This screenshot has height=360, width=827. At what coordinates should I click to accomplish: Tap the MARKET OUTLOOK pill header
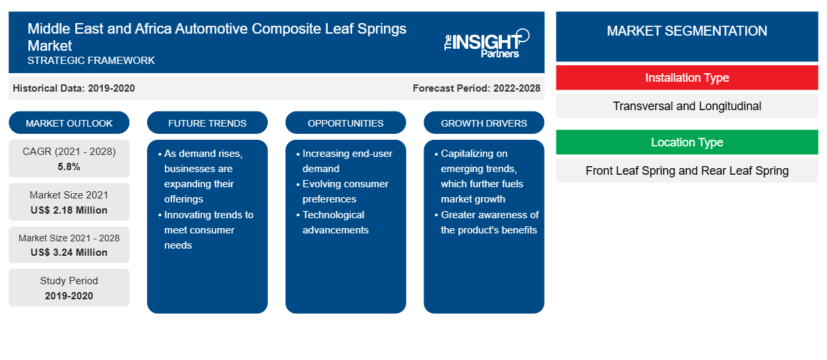pyautogui.click(x=69, y=123)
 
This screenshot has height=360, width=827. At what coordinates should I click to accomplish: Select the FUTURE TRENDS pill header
pyautogui.click(x=207, y=123)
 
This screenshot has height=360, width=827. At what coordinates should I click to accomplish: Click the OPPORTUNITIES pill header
pyautogui.click(x=346, y=123)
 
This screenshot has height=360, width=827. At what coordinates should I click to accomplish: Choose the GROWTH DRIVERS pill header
pyautogui.click(x=483, y=123)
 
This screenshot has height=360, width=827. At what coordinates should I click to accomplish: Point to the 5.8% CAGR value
pyautogui.click(x=69, y=167)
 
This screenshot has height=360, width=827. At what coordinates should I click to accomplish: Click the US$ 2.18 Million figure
pyautogui.click(x=69, y=210)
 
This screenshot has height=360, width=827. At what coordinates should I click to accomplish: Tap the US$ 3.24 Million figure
pyautogui.click(x=69, y=253)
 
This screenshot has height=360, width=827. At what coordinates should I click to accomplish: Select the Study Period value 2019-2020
pyautogui.click(x=69, y=296)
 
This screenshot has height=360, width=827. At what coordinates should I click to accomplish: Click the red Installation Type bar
pyautogui.click(x=687, y=78)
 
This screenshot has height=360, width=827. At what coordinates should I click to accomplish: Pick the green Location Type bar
pyautogui.click(x=687, y=142)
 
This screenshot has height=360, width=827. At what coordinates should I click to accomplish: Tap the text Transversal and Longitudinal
pyautogui.click(x=687, y=106)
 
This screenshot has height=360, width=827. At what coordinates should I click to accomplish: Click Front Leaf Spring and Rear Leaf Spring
pyautogui.click(x=687, y=171)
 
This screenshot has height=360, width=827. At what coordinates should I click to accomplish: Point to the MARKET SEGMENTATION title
pyautogui.click(x=687, y=30)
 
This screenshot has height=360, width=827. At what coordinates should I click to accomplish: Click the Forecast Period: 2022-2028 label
pyautogui.click(x=476, y=88)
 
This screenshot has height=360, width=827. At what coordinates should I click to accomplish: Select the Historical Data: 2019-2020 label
pyautogui.click(x=74, y=88)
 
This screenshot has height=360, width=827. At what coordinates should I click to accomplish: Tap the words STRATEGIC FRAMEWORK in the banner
pyautogui.click(x=91, y=60)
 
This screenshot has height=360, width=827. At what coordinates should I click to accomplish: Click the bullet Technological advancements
pyautogui.click(x=332, y=222)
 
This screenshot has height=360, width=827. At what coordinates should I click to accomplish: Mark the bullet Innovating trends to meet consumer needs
pyautogui.click(x=206, y=230)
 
